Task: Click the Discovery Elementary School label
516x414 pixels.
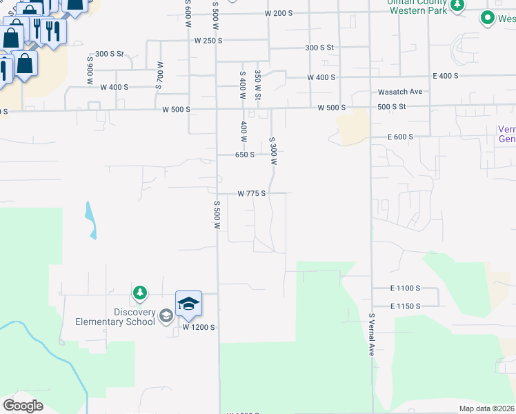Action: tap(115, 317)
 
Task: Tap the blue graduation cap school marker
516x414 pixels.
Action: tap(188, 304)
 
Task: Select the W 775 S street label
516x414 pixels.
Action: tap(252, 194)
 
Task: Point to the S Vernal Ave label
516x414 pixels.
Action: tap(370, 335)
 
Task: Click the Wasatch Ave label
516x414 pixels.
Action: tap(400, 91)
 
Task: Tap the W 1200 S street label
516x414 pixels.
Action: tap(199, 327)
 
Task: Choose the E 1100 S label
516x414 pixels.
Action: tap(405, 288)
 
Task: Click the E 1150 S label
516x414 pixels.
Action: tap(405, 305)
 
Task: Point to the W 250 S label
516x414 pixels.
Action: tap(208, 41)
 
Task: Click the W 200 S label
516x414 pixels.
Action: tap(279, 13)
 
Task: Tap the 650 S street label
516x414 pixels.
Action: tap(245, 155)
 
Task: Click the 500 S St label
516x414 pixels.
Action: tap(392, 107)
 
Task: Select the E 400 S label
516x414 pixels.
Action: tap(446, 75)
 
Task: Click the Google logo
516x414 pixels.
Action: tap(23, 406)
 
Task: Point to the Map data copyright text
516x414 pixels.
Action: tap(486, 408)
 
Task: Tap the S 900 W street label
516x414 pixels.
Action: tap(90, 70)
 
